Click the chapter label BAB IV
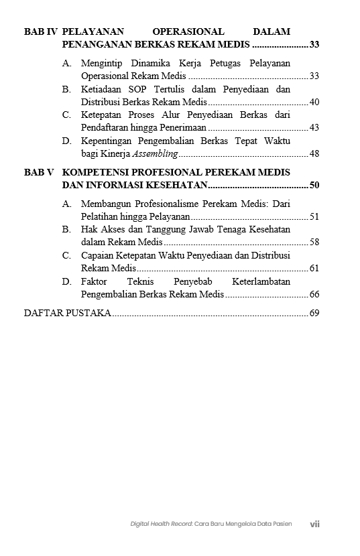[40, 31]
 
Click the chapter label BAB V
[39, 172]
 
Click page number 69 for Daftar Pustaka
[314, 313]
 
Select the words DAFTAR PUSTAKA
[67, 313]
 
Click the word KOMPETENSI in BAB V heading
[96, 172]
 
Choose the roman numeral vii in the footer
[314, 524]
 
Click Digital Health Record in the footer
[162, 524]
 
